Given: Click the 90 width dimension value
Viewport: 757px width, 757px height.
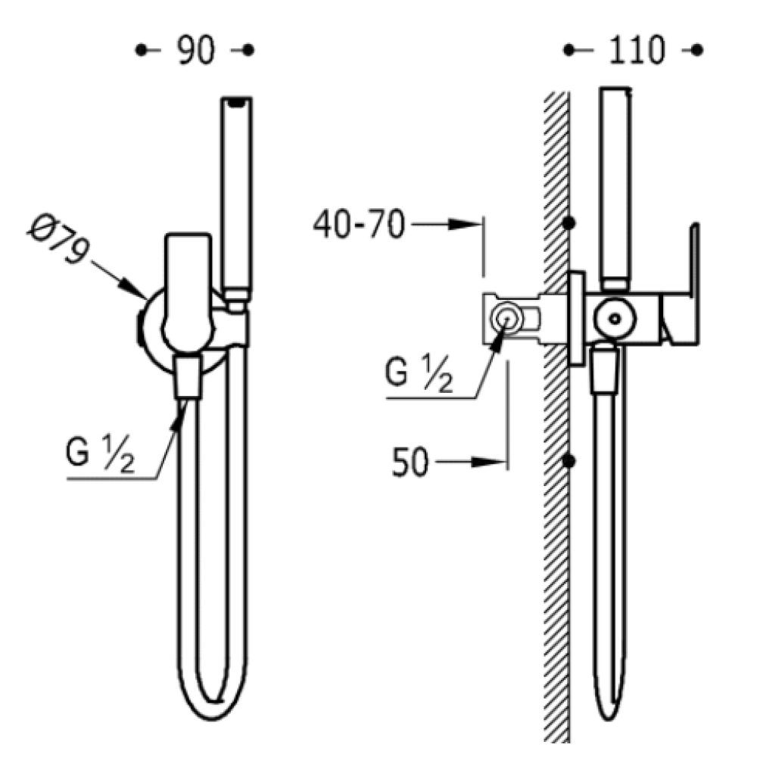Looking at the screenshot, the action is (x=195, y=50).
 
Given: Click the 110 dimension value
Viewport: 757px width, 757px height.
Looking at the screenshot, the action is (x=637, y=50).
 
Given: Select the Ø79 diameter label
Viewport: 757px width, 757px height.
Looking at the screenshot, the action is (x=59, y=239).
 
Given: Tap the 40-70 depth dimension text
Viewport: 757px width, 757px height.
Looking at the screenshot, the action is (x=359, y=225).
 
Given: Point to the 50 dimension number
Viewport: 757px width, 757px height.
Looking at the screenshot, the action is (x=410, y=463).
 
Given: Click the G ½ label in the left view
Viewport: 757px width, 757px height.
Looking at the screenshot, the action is (x=100, y=453).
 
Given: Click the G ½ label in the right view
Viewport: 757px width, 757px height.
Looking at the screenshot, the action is (x=419, y=373).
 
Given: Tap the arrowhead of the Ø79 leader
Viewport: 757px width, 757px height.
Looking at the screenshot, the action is (x=134, y=288).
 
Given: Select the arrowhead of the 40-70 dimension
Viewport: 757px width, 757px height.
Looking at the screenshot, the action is (x=466, y=224).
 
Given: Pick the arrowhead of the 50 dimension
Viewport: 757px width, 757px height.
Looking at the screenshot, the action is (x=488, y=462).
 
